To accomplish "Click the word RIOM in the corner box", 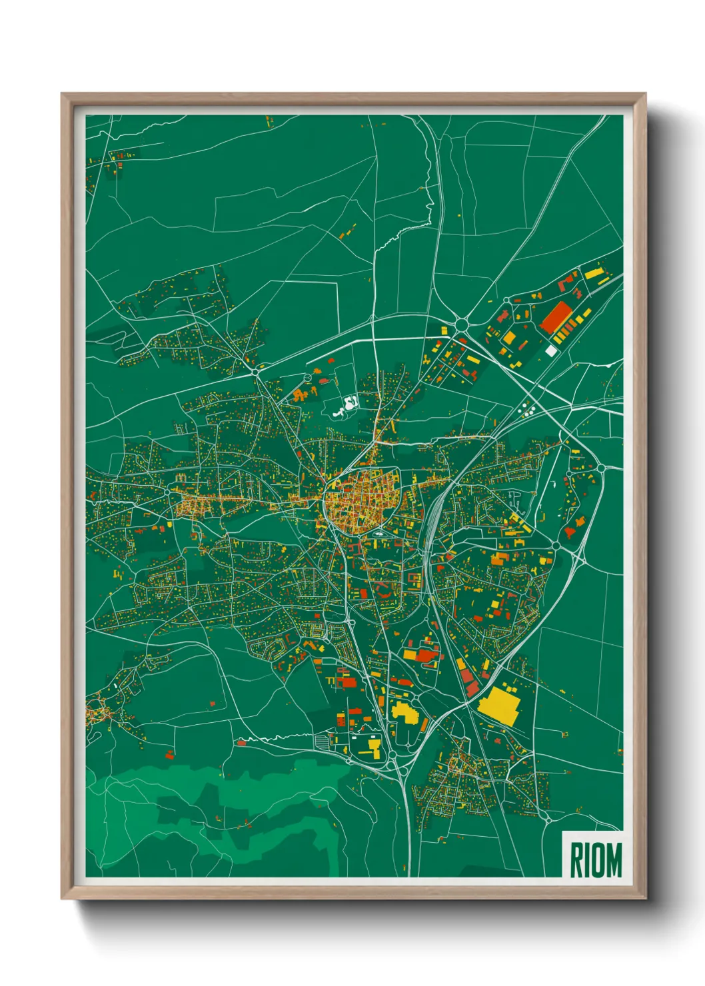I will (595, 859).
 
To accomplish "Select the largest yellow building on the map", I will (500, 705).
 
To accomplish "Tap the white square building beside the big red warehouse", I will (550, 350).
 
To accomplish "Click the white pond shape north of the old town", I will (347, 405).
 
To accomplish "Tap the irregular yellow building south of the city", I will (404, 712).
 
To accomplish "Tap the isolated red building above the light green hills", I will (169, 755).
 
